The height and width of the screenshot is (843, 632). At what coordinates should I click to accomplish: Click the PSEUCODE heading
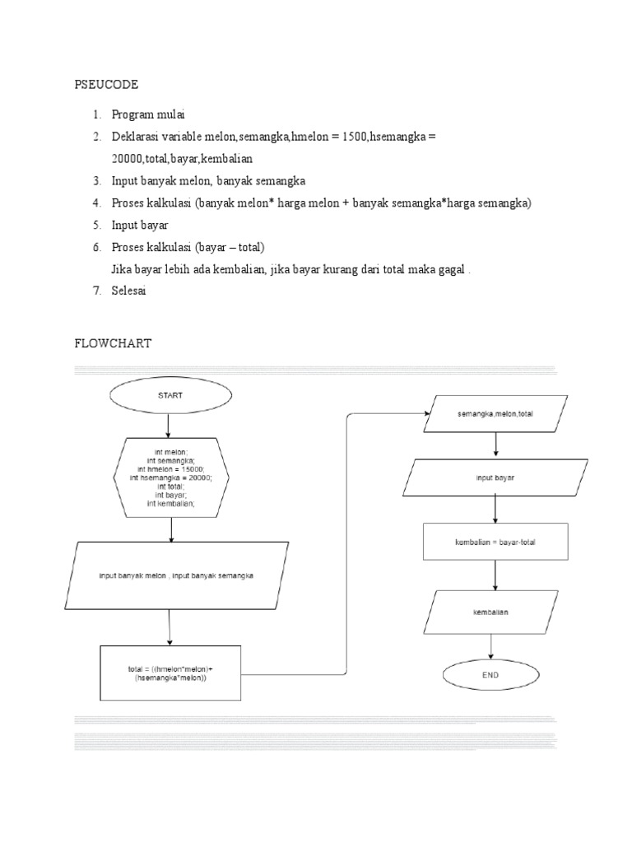(x=106, y=85)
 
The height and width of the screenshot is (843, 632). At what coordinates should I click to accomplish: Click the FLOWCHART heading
(x=113, y=344)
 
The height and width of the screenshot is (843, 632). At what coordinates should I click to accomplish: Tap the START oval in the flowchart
(x=170, y=395)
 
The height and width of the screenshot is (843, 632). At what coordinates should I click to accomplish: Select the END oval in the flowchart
(x=492, y=676)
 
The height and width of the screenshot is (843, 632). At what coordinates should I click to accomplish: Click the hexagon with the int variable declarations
(x=171, y=477)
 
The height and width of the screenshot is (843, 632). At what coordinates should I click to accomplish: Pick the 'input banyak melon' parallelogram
(x=176, y=576)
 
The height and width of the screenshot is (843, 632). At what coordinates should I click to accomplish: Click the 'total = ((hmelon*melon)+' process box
(x=170, y=673)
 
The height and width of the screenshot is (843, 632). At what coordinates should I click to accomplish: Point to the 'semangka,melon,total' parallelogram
(x=495, y=414)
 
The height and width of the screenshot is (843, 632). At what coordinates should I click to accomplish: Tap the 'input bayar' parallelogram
(x=495, y=478)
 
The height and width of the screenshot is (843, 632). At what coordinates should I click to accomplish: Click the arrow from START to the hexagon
(x=169, y=425)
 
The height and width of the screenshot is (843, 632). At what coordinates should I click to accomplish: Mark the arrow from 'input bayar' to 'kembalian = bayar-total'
(x=495, y=510)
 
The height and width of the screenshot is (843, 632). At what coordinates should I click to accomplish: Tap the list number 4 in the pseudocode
(x=95, y=203)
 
